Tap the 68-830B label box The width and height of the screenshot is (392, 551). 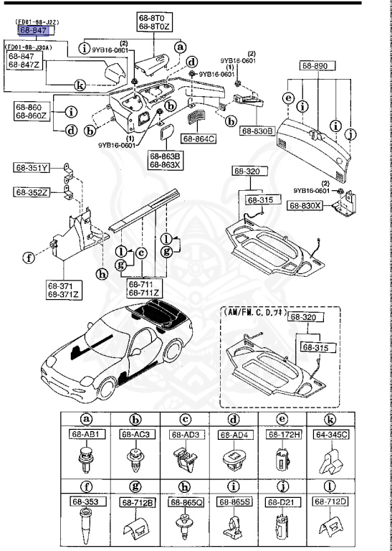click(257, 131)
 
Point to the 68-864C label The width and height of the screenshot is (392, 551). click(198, 138)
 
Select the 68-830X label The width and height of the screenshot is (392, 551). click(306, 205)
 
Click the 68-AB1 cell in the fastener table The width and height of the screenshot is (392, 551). click(87, 434)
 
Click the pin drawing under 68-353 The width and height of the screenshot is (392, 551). click(86, 528)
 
